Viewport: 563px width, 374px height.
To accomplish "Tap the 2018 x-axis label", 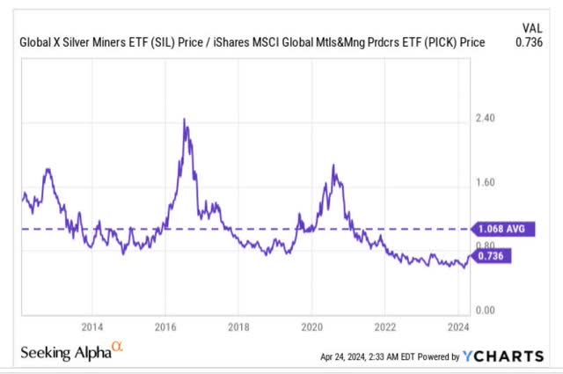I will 238,325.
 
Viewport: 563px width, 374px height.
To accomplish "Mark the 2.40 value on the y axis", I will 486,118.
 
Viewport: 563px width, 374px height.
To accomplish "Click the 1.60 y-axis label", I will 486,183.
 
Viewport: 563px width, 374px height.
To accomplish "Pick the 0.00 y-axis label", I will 486,311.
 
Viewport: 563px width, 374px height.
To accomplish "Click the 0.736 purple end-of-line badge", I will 492,256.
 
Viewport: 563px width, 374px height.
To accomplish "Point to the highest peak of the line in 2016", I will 184,119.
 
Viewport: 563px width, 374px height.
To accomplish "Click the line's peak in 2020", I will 333,165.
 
